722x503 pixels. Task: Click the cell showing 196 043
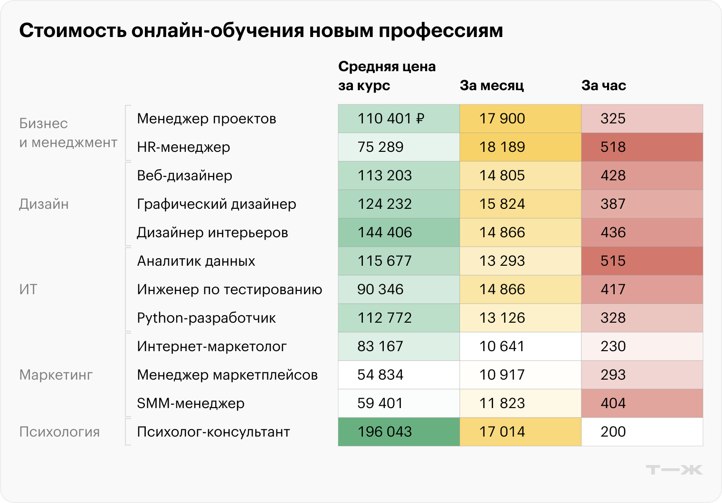pos(385,432)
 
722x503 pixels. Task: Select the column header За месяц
pos(492,85)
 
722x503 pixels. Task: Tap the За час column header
pos(603,85)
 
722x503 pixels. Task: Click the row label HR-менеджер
pos(183,147)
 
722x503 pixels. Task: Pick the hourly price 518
pos(613,147)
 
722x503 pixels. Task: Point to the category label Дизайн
pos(44,204)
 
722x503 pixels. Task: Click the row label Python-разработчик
pos(206,318)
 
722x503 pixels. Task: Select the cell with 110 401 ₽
pos(390,119)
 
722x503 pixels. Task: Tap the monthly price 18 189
pos(502,147)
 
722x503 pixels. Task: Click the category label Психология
pos(59,432)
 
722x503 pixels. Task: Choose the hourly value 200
pos(613,432)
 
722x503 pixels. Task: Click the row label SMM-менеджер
pos(190,403)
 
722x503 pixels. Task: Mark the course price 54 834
pos(380,375)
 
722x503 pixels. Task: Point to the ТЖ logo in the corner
pos(674,470)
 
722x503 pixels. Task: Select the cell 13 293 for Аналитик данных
pos(502,261)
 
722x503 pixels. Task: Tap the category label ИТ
pos(28,289)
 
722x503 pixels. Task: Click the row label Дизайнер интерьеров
pos(212,233)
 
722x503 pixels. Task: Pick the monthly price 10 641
pos(502,346)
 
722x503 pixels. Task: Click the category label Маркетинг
pos(56,375)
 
